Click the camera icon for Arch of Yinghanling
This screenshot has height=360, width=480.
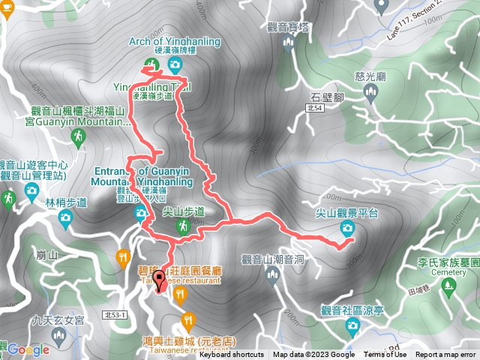tap(175, 66)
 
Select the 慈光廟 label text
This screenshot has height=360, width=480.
tap(369, 77)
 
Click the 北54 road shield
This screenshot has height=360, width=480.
tap(316, 109)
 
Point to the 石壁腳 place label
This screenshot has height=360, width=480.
tap(327, 97)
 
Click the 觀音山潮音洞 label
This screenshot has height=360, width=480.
tap(272, 259)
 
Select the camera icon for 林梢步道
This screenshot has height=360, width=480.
tap(65, 218)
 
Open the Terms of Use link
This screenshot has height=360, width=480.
tap(385, 355)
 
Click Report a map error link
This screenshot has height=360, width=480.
tap(446, 355)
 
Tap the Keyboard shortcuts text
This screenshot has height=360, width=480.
tap(231, 355)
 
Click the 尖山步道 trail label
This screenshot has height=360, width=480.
tap(183, 212)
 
